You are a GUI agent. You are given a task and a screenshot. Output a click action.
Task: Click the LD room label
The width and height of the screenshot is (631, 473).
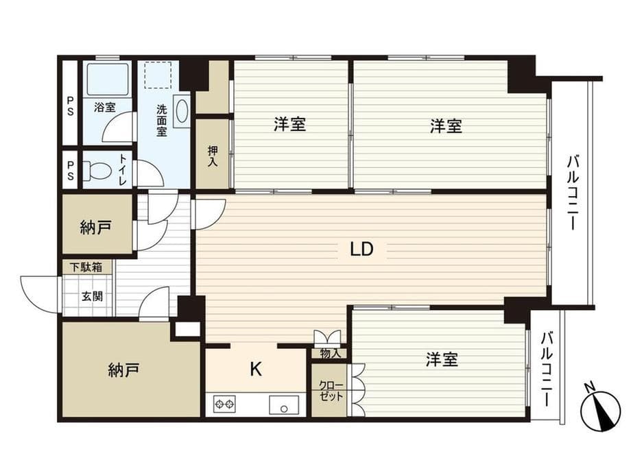pos(361,250)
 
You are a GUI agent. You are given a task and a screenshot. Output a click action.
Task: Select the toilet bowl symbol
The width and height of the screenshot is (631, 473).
pos(99,169)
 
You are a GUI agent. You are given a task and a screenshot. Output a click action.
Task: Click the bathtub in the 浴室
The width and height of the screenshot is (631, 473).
pos(108,79)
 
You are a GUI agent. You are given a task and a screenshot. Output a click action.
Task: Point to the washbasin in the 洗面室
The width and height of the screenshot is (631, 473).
pos(181,112)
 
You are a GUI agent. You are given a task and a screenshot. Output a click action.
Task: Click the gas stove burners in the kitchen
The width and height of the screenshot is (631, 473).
pos(225,404)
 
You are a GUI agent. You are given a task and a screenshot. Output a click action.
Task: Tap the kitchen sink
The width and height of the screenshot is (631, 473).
pos(282,404)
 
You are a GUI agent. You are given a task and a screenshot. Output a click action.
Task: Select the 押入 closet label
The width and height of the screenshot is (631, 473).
pos(212,156)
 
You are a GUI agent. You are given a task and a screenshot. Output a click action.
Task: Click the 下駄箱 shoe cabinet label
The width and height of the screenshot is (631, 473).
pos(87,267)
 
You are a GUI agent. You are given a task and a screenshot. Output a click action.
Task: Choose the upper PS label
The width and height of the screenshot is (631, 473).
pos(71,108)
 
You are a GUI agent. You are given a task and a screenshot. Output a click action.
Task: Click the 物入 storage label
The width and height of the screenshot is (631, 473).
pos(330,354)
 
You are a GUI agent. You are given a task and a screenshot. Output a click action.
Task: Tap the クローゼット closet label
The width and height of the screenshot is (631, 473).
pos(330,391)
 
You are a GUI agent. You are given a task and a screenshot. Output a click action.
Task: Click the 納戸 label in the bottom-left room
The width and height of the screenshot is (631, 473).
pos(124,371)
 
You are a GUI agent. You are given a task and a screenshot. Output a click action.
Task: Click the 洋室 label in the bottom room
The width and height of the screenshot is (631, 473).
pos(441,359)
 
